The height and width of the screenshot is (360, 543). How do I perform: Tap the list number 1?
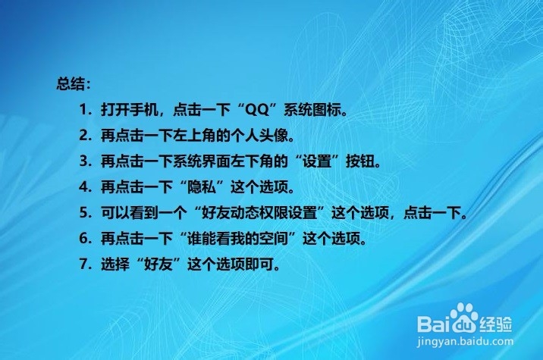pyautogui.click(x=83, y=110)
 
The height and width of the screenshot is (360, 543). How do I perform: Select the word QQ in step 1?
pyautogui.click(x=256, y=110)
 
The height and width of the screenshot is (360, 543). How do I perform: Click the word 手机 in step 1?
pyautogui.click(x=144, y=110)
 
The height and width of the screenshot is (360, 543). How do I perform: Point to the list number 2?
pyautogui.click(x=83, y=136)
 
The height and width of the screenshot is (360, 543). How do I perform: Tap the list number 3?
pyautogui.click(x=83, y=161)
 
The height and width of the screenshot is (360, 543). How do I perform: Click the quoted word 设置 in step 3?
pyautogui.click(x=317, y=161)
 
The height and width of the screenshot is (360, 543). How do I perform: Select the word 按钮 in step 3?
pyautogui.click(x=359, y=161)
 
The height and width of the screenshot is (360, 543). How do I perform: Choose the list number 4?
pyautogui.click(x=83, y=187)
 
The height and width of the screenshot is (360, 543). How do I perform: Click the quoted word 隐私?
pyautogui.click(x=202, y=187)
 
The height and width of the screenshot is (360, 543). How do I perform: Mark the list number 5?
pyautogui.click(x=83, y=212)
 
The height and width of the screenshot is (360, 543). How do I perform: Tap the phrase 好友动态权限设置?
pyautogui.click(x=259, y=213)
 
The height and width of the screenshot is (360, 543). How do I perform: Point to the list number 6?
pyautogui.click(x=83, y=238)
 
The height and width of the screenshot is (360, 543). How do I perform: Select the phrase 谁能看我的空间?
pyautogui.click(x=238, y=239)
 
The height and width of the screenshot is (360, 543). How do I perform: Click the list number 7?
pyautogui.click(x=83, y=264)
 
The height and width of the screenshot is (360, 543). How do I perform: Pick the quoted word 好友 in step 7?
pyautogui.click(x=159, y=265)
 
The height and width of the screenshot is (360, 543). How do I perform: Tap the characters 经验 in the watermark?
pyautogui.click(x=496, y=324)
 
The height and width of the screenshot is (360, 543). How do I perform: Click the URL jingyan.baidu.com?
pyautogui.click(x=465, y=342)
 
